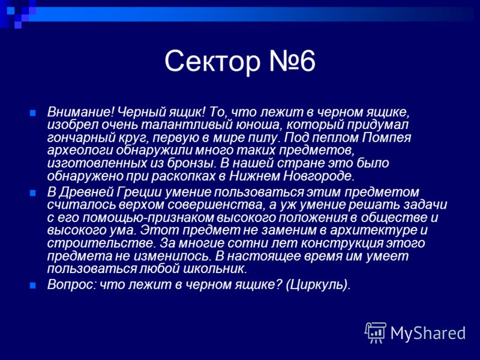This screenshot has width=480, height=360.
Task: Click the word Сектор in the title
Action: click(212, 61)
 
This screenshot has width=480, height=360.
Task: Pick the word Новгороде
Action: click(319, 176)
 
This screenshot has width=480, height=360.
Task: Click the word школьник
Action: click(215, 268)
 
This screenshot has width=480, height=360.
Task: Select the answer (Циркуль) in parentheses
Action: click(318, 284)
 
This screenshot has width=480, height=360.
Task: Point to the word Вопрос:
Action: click(71, 284)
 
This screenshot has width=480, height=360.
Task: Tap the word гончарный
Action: click(80, 138)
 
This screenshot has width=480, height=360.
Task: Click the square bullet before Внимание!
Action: click(33, 113)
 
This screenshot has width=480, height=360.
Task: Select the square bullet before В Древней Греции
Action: click(33, 193)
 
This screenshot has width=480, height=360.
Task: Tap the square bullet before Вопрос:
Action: click(33, 286)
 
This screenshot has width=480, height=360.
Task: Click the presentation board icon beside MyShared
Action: click(376, 333)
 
